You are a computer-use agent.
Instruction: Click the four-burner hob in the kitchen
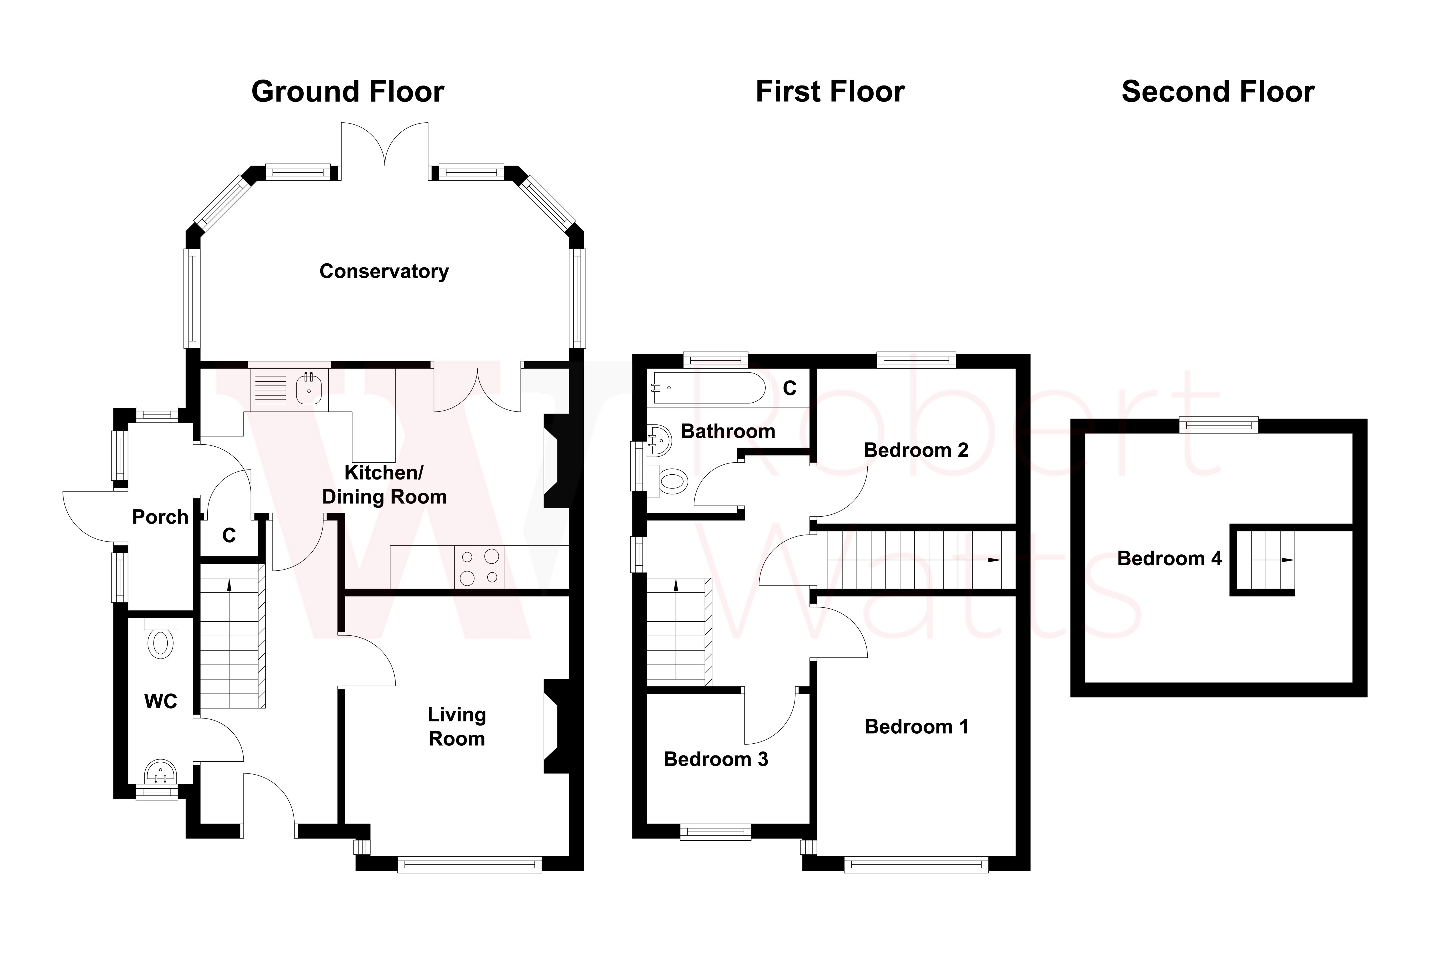click(x=479, y=566)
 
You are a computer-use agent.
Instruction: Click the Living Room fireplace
click(x=555, y=726)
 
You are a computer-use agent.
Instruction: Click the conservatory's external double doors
click(x=384, y=146)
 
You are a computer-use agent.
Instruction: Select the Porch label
click(x=160, y=517)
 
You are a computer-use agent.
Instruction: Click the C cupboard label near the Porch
click(x=229, y=536)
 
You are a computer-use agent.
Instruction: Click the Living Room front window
click(x=469, y=864)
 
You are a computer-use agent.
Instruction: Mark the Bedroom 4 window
click(x=1218, y=425)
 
